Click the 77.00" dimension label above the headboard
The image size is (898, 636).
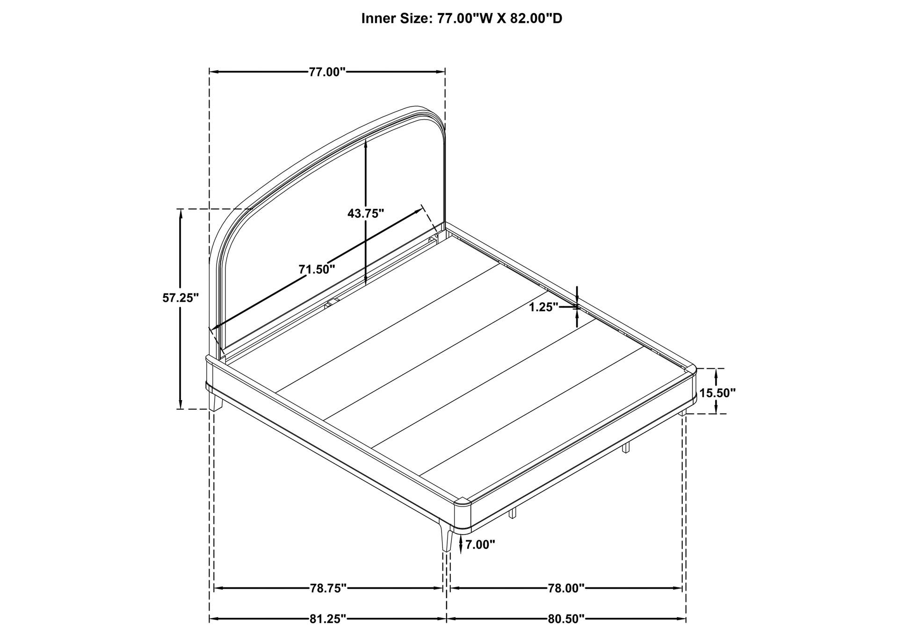[x=326, y=72]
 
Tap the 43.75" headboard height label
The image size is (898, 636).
[x=366, y=213]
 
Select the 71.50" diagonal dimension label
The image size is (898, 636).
[x=317, y=269]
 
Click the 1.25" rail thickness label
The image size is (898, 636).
[x=544, y=307]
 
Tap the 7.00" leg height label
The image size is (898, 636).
[x=480, y=544]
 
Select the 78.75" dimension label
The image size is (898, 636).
[x=328, y=588]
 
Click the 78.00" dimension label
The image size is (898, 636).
[x=566, y=588]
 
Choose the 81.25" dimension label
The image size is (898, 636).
[x=328, y=619]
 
